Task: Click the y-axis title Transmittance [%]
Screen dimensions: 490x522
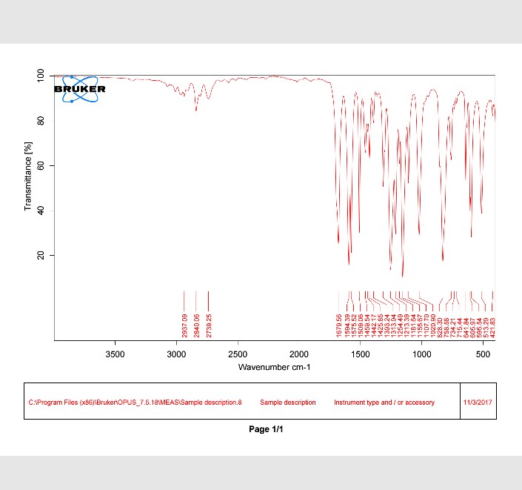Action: (29, 178)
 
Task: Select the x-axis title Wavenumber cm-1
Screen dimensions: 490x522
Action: (274, 367)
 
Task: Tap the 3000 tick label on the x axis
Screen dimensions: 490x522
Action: (176, 354)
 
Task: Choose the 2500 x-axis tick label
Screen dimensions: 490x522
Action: (238, 354)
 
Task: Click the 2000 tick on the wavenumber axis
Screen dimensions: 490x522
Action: (299, 354)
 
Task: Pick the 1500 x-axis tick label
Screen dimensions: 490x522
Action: (360, 354)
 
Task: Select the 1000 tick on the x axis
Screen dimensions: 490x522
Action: (421, 354)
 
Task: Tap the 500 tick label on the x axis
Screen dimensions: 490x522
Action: (483, 354)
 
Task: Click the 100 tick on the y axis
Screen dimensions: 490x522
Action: (41, 76)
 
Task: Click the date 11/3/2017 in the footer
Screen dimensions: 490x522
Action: (478, 402)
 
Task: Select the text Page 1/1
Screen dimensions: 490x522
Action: (267, 430)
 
